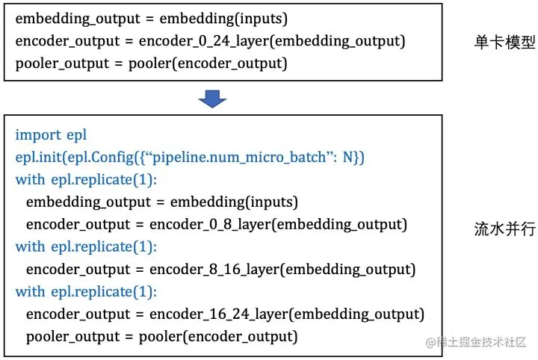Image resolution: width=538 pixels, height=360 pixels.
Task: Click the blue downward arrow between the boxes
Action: (x=213, y=98)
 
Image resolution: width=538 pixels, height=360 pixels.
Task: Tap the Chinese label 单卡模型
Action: (x=506, y=43)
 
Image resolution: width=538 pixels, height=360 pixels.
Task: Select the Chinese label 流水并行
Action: (x=506, y=229)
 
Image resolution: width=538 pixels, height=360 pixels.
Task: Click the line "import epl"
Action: (x=51, y=135)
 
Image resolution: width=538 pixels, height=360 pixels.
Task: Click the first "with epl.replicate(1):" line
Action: (x=87, y=180)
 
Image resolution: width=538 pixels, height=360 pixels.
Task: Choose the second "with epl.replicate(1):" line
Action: (x=87, y=246)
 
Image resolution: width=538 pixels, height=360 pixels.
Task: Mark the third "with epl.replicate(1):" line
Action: (x=87, y=291)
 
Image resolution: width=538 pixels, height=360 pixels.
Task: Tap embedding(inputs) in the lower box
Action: (x=234, y=202)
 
